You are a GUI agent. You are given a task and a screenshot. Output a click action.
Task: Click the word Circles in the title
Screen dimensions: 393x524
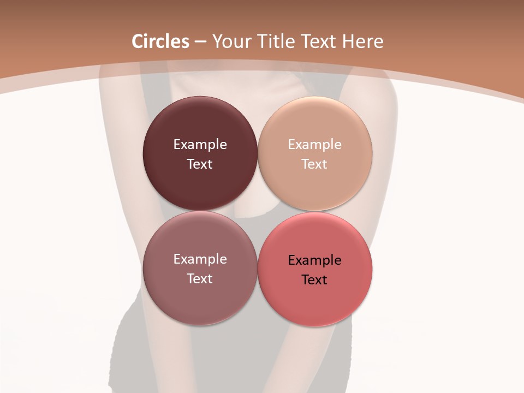(160, 41)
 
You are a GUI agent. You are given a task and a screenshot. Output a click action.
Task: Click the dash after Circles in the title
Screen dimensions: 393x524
(200, 42)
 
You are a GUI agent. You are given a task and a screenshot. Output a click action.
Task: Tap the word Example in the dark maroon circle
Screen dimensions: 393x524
(200, 145)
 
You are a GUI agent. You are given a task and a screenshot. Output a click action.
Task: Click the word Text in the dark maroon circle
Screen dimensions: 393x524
(200, 164)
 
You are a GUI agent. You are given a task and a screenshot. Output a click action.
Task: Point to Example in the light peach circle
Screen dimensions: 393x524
(314, 145)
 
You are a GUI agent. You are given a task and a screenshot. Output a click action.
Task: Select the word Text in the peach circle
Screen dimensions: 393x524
(314, 164)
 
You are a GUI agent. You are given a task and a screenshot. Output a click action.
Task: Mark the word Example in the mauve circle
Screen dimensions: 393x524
(200, 259)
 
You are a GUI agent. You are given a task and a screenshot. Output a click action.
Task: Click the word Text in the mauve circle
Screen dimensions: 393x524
(200, 279)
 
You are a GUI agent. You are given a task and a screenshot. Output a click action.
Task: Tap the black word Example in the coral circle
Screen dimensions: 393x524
(314, 260)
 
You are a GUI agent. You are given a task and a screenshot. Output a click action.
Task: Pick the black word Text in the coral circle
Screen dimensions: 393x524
(314, 280)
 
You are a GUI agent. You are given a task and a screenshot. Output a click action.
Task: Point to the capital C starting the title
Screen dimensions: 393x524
(138, 41)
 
